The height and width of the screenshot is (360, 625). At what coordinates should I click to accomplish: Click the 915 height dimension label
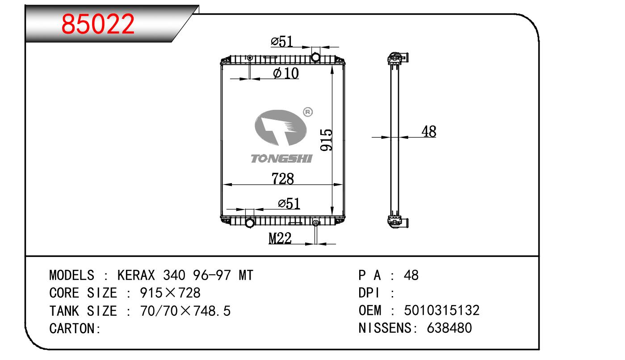pos(326,139)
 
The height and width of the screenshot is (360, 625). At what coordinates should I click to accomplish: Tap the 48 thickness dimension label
pos(428,131)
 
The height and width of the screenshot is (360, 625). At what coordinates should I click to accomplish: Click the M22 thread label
pos(280,239)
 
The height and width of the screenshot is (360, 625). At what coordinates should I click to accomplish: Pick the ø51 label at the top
pos(281,42)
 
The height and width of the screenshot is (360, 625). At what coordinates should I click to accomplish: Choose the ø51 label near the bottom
pos(289,204)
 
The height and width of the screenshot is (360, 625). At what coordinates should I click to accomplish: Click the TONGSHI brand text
pos(281,159)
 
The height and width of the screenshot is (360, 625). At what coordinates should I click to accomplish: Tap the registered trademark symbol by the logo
pos(308,112)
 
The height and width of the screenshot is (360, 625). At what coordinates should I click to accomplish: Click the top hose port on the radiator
pos(315,57)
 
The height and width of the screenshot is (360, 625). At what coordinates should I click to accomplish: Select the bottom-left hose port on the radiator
pos(249,222)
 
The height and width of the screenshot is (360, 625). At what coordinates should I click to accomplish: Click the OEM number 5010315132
pos(442,310)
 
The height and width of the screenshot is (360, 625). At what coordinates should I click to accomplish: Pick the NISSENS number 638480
pos(449,328)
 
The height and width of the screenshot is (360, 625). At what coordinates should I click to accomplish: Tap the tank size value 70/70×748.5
pos(185,311)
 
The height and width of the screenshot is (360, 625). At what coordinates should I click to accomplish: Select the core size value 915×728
pos(170,293)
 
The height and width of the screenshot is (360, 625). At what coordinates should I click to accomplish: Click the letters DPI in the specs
pos(369,293)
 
